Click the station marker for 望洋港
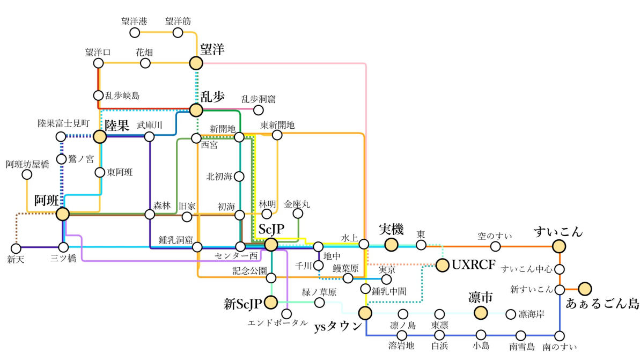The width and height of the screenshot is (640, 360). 135,33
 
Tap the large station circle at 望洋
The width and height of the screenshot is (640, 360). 196,63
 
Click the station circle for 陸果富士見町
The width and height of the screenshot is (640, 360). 61,136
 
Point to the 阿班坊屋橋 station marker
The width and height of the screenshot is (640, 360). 27,174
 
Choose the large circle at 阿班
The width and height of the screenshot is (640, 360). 63,214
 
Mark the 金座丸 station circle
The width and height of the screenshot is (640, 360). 298,214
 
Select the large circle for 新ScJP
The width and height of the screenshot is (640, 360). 271,303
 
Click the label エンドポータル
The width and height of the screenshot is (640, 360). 277,323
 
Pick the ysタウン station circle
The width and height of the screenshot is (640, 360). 365,313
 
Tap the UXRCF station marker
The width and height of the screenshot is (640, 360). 443,265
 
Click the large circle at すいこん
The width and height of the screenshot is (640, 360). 560,246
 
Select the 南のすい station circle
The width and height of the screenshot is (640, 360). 560,336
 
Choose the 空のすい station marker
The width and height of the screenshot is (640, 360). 496,246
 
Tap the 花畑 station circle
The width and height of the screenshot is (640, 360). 145,63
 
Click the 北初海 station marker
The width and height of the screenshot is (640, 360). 239,176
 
